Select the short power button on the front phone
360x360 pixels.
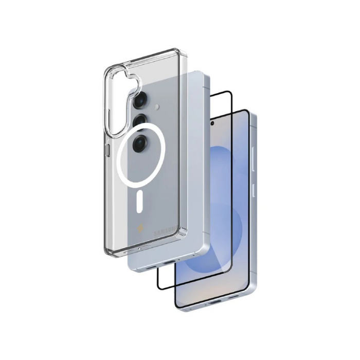pyautogui.click(x=254, y=191)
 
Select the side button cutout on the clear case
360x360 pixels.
pyautogui.click(x=107, y=150)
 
